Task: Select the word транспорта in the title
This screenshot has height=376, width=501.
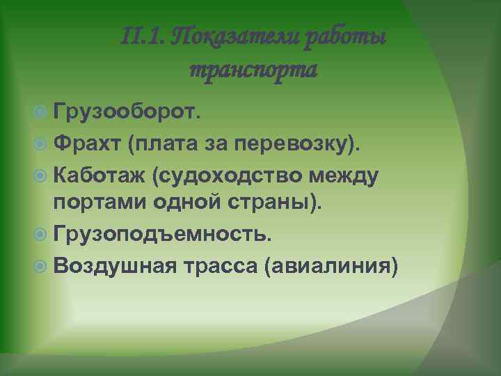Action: (x=253, y=69)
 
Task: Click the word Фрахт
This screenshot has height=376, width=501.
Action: (x=86, y=143)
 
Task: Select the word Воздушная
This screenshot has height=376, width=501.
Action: (x=113, y=268)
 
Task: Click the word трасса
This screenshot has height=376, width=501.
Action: (x=221, y=268)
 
